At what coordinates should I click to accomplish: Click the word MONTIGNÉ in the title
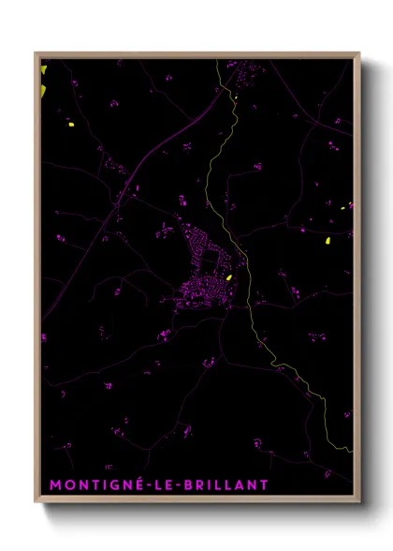(x=92, y=484)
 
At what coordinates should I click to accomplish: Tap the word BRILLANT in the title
(x=226, y=484)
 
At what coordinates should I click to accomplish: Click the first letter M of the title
(x=54, y=484)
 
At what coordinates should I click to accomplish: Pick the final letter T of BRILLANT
(x=264, y=484)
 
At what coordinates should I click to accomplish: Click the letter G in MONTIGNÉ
(x=109, y=484)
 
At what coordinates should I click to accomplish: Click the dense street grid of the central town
(x=206, y=272)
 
